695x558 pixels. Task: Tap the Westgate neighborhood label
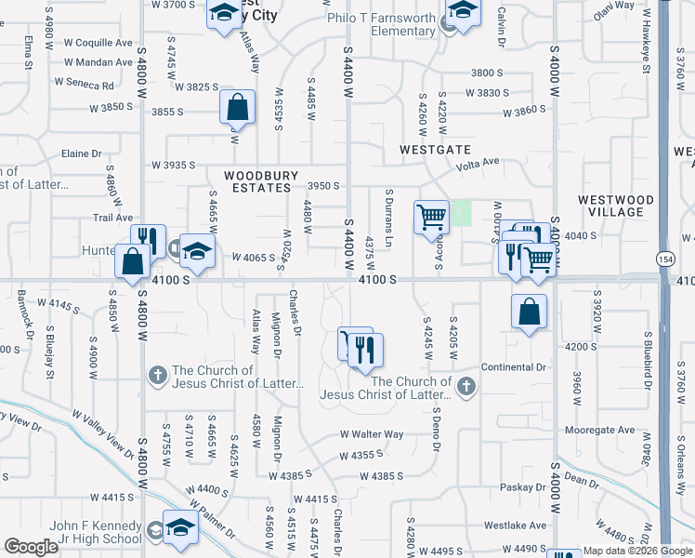[436, 150]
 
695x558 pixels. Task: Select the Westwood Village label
[616, 206]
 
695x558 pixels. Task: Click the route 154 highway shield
[665, 259]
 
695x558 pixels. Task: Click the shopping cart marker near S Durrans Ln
[431, 217]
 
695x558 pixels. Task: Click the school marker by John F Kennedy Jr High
[180, 526]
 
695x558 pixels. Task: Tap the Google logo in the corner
[31, 547]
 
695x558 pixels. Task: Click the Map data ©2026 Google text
[637, 551]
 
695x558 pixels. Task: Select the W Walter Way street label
[371, 434]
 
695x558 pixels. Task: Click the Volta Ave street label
[477, 162]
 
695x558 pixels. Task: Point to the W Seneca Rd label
[85, 84]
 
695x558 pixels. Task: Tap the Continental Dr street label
[514, 367]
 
